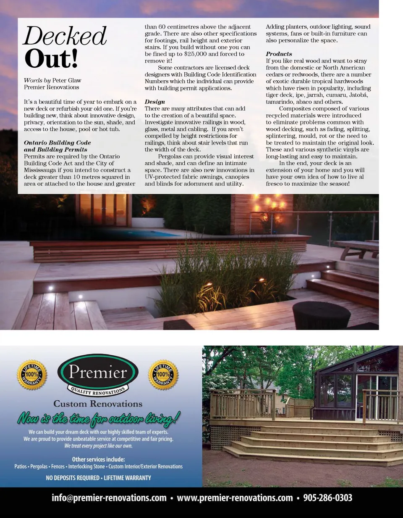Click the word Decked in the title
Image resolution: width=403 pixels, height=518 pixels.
pos(65,36)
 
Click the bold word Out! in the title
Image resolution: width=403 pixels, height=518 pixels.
pos(51,59)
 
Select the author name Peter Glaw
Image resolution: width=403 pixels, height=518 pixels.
pos(67,80)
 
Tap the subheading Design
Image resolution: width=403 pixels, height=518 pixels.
pos(155,102)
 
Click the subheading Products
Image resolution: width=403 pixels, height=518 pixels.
pos(279,54)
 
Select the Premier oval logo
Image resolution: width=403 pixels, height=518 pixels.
pos(98,374)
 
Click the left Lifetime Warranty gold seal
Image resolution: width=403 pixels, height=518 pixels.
pos(32,374)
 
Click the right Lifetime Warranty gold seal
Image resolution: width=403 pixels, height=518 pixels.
pos(163,374)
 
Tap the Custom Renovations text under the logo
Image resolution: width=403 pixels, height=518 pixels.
pos(98,404)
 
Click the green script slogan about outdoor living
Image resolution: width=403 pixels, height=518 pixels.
pos(99,419)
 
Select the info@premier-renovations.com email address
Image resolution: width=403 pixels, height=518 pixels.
pos(109,498)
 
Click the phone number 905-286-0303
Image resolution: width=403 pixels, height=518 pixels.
pos(327,498)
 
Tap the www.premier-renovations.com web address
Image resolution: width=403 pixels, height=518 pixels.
pos(235,498)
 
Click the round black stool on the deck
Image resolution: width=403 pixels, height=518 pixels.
pos(321,315)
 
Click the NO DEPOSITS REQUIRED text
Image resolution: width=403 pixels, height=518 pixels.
pos(72,478)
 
